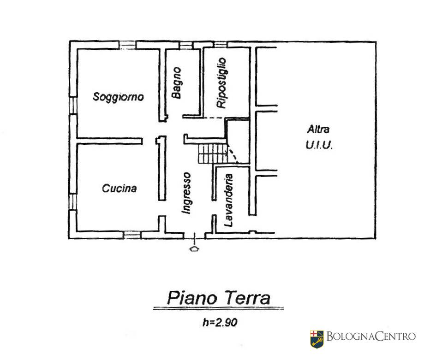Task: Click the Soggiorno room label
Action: pos(118,97)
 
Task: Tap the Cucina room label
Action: pos(119,188)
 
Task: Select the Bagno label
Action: pos(177,83)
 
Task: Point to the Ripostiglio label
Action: pos(221,83)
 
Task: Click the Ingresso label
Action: pos(186,193)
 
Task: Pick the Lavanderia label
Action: pos(228,200)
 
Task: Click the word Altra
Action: pos(318,129)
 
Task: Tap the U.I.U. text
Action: pos(319,145)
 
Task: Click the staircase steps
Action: pos(213,154)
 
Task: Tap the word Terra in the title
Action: pos(248,298)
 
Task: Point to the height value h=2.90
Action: pos(220,322)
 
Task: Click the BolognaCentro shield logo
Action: pos(317,339)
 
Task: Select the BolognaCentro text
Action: pos(371,336)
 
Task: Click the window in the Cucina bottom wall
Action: pos(132,235)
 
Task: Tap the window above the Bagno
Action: pos(186,45)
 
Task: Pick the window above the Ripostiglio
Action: pos(221,44)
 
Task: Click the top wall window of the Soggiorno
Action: pos(127,45)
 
